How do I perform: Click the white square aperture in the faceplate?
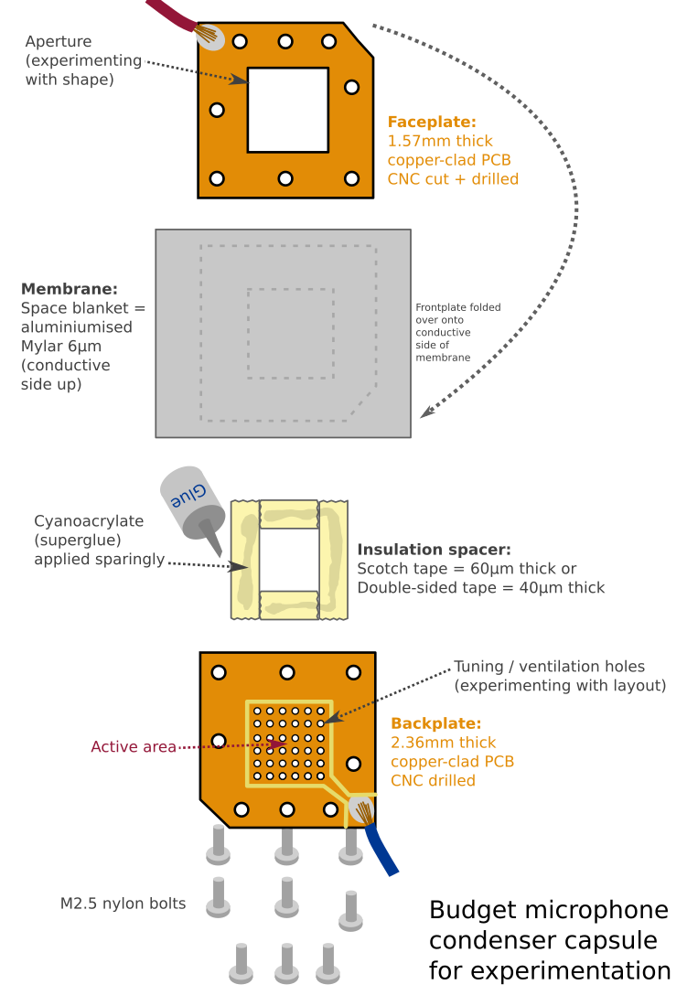click(287, 110)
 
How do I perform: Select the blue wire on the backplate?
click(383, 851)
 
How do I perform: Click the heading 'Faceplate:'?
click(432, 122)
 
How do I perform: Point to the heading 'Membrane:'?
click(70, 289)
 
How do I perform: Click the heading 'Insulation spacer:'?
click(434, 550)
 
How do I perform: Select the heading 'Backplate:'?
click(434, 722)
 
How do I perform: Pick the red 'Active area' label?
click(133, 746)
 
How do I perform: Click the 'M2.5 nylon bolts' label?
click(123, 904)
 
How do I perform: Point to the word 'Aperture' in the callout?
click(59, 42)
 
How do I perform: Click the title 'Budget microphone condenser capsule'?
click(549, 940)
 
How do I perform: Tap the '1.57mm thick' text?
click(440, 141)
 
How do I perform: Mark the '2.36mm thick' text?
click(443, 742)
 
